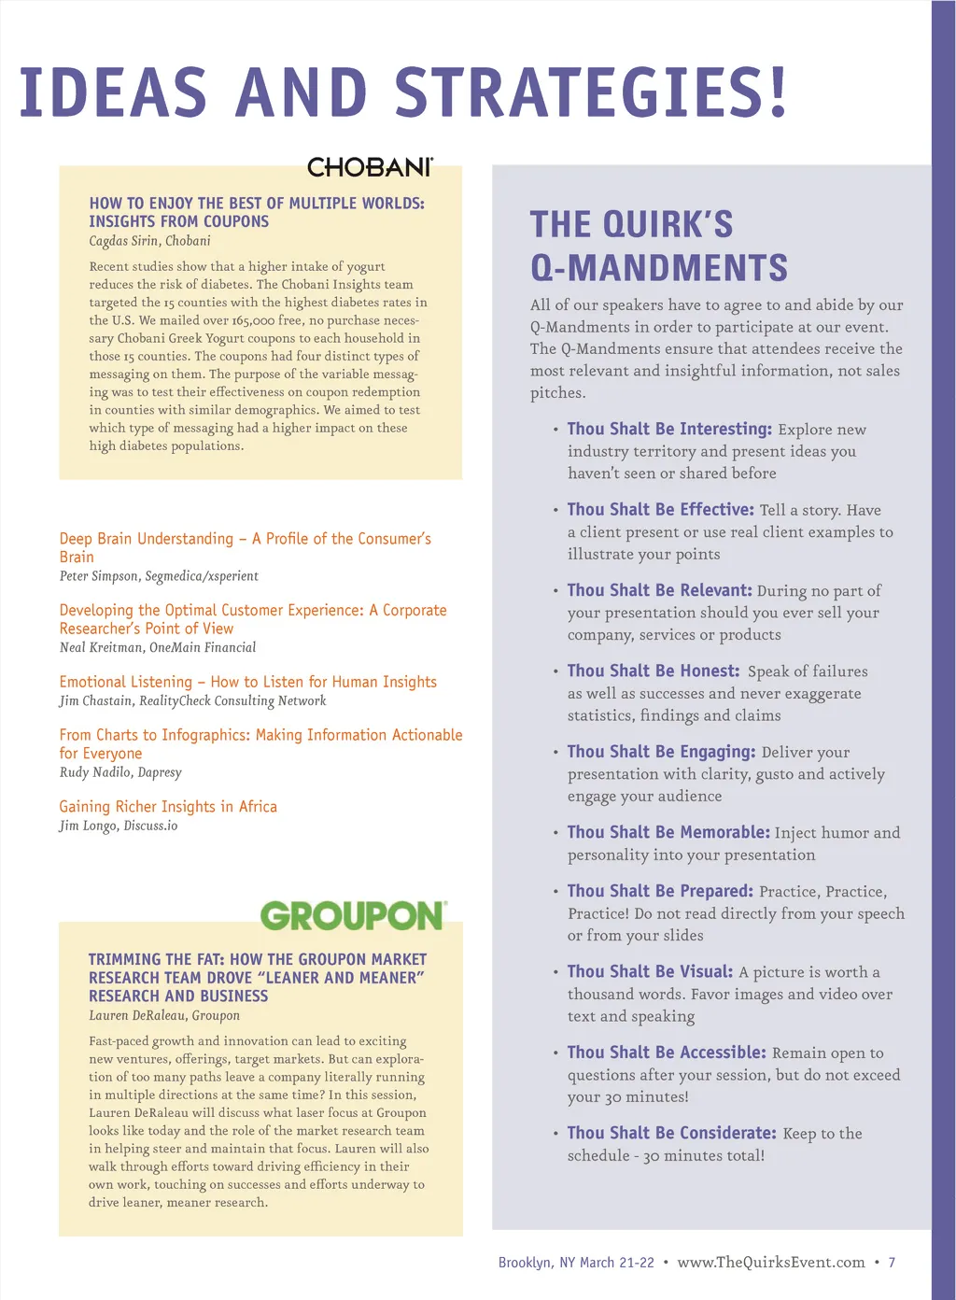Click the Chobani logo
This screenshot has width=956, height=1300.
pos(370,167)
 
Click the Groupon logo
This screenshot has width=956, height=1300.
pos(353,915)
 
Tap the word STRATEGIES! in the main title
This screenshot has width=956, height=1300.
pos(591,92)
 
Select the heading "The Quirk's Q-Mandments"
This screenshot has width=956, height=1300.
pos(658,246)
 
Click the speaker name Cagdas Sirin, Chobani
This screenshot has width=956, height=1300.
pos(149,241)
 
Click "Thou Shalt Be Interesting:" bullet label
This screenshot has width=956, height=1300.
pos(669,429)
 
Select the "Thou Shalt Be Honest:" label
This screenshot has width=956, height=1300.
pos(653,671)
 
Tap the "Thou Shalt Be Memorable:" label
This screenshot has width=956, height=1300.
pos(668,832)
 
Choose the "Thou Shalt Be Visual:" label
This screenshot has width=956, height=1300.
pos(650,971)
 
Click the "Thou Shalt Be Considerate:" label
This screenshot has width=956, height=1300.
pos(671,1133)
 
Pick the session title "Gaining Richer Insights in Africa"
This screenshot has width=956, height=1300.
pos(168,807)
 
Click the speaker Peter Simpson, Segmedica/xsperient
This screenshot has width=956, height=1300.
pos(159,576)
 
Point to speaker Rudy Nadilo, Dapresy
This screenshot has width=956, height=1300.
pos(120,772)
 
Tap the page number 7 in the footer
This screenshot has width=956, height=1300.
pos(892,1263)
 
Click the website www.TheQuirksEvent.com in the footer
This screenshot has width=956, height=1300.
pos(771,1263)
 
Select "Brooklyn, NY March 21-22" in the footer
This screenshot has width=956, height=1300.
pos(576,1263)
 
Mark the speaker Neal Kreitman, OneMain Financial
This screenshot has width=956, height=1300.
pos(157,647)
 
